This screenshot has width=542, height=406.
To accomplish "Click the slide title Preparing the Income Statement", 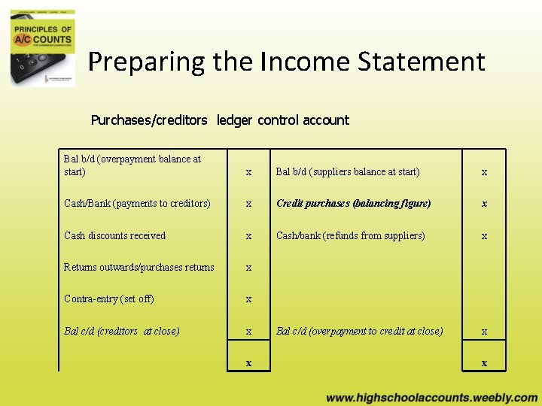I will pyautogui.click(x=286, y=62).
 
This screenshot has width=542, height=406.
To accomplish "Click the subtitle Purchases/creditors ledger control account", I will pyautogui.click(x=220, y=120).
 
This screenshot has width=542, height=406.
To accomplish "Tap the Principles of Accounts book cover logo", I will pyautogui.click(x=43, y=44).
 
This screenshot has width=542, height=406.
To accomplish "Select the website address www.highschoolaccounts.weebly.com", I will pyautogui.click(x=431, y=398).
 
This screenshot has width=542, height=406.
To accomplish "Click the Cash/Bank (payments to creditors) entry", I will pyautogui.click(x=137, y=204).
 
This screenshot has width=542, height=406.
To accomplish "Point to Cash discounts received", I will pyautogui.click(x=114, y=235).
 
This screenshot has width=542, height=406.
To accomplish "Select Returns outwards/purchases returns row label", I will pyautogui.click(x=139, y=267).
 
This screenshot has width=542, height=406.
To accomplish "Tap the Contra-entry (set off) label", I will pyautogui.click(x=108, y=298).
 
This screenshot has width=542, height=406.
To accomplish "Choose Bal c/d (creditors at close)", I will pyautogui.click(x=121, y=331).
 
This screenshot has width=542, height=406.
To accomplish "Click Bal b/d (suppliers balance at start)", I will pyautogui.click(x=348, y=172).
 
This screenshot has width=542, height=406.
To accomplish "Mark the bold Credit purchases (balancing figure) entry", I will pyautogui.click(x=353, y=204).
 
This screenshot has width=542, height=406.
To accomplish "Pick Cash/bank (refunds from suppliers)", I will pyautogui.click(x=350, y=235).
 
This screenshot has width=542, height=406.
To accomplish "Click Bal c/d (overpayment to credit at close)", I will pyautogui.click(x=359, y=331).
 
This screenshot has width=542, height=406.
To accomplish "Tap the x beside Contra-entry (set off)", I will pyautogui.click(x=249, y=299).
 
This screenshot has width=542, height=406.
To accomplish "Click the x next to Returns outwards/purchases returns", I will pyautogui.click(x=249, y=268).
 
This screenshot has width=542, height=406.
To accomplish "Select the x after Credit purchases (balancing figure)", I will pyautogui.click(x=484, y=204).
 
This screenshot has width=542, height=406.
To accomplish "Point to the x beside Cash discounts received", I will pyautogui.click(x=249, y=236).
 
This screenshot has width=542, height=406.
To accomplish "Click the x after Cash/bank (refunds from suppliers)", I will pyautogui.click(x=484, y=236).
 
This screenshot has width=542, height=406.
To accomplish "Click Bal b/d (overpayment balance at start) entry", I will pyautogui.click(x=132, y=165).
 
